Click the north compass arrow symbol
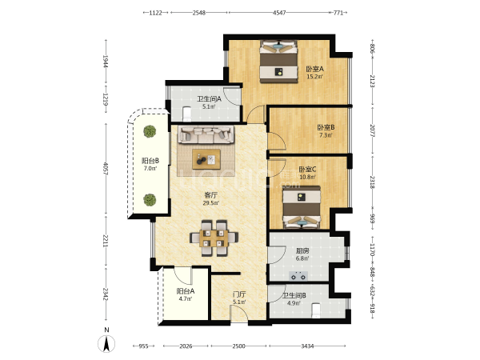click(106, 343)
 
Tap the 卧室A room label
click(315, 69)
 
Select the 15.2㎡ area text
click(315, 77)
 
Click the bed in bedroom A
click(278, 62)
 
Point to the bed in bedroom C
click(302, 207)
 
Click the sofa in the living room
click(206, 134)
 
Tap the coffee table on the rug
click(206, 159)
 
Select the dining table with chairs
click(214, 238)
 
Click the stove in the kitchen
click(298, 276)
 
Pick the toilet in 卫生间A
click(186, 114)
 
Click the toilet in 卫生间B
click(316, 310)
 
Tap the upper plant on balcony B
click(150, 131)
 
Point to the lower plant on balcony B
click(150, 200)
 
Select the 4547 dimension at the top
click(279, 13)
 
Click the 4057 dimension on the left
click(106, 169)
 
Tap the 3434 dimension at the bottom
click(307, 346)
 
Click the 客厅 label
click(211, 195)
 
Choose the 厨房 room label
click(302, 250)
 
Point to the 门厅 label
click(239, 294)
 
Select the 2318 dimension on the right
click(373, 182)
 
